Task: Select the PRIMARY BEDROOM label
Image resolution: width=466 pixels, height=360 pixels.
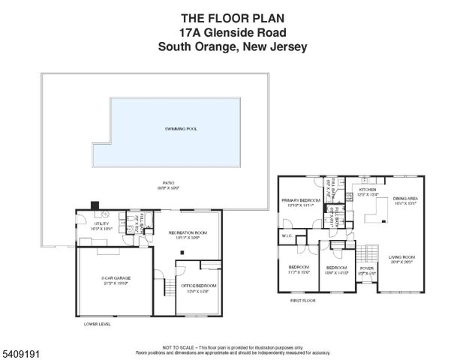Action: [x=301, y=201]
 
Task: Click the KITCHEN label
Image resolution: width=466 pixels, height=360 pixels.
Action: [x=367, y=190]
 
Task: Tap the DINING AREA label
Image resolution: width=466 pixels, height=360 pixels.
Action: [x=404, y=199]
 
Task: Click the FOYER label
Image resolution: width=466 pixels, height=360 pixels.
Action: [x=366, y=268]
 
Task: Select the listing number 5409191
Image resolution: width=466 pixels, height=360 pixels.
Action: [x=20, y=349]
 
